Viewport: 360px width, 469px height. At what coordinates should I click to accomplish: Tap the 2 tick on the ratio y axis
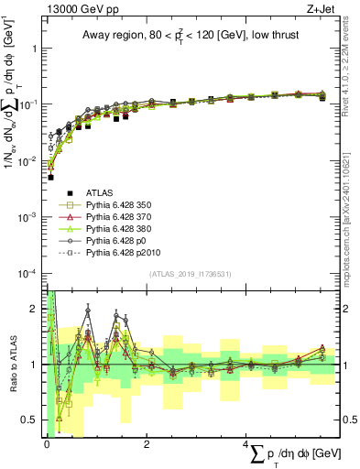(35, 309)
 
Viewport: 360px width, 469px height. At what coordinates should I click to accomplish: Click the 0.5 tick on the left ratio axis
(31, 420)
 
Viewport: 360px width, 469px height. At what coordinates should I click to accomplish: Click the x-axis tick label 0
(46, 443)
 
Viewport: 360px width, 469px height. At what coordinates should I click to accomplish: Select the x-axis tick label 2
(147, 443)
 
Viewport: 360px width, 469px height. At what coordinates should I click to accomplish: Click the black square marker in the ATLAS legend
(58, 192)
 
